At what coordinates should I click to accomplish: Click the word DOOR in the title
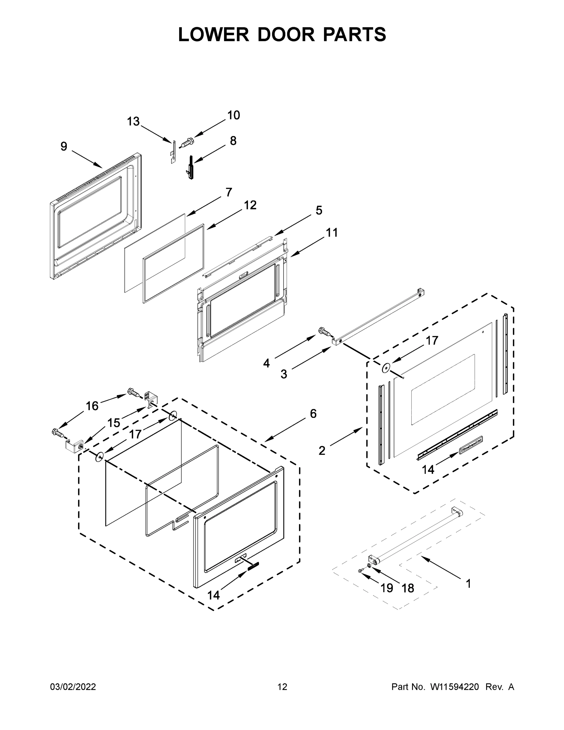click(x=286, y=34)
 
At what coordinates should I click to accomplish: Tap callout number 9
click(x=64, y=146)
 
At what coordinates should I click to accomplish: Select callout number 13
click(x=133, y=121)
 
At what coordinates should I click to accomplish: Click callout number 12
click(x=250, y=205)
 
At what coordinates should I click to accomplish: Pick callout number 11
click(x=331, y=232)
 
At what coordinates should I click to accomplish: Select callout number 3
click(x=284, y=374)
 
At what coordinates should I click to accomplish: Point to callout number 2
click(x=322, y=450)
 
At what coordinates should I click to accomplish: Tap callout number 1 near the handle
click(x=469, y=584)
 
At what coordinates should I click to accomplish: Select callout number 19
click(x=386, y=588)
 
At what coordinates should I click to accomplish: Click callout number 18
click(x=408, y=588)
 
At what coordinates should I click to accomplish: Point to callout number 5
click(x=319, y=210)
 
